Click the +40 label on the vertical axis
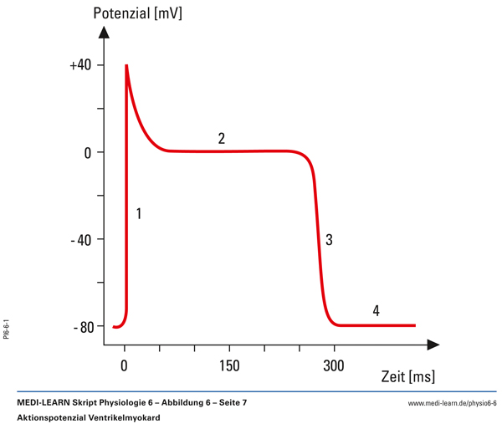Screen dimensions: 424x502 (81, 65)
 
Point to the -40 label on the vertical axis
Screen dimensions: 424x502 (81, 240)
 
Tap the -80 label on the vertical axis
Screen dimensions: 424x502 (81, 327)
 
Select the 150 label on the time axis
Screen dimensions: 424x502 (229, 365)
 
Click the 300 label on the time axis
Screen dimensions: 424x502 (334, 365)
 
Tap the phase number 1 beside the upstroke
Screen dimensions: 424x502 (138, 214)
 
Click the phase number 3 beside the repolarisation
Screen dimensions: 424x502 (330, 240)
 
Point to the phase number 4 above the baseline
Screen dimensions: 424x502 (376, 311)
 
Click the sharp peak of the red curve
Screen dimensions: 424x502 (126, 65)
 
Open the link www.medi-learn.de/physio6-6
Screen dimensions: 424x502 (452, 403)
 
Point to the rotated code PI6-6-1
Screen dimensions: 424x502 (7, 327)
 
